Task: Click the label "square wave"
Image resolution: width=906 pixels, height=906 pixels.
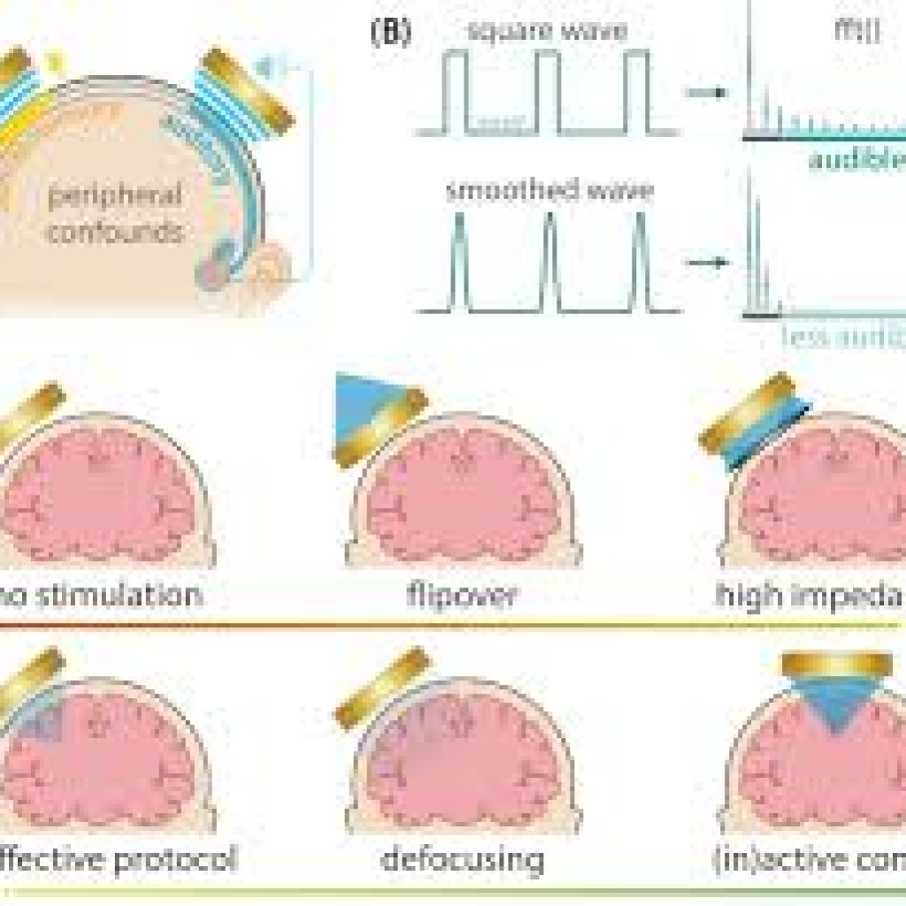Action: point(548,32)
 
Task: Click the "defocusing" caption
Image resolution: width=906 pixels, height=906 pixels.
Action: point(462,858)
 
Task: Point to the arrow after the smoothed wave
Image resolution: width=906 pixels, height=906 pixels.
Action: point(707,263)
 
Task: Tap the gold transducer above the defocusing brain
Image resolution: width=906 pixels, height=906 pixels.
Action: point(384,687)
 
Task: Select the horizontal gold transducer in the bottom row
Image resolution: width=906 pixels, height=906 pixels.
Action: point(836,664)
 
